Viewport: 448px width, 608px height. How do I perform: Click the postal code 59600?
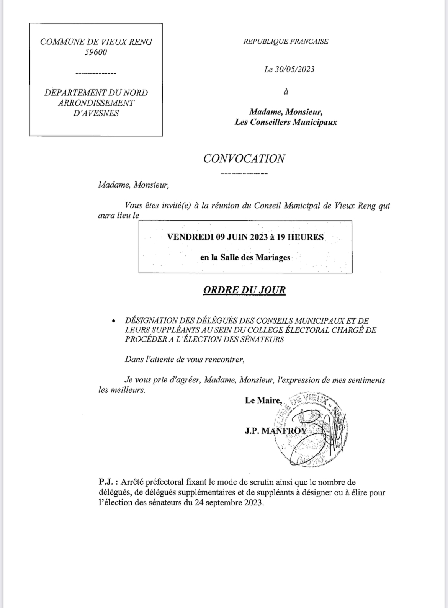[96, 52]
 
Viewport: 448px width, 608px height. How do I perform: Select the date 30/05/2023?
[295, 69]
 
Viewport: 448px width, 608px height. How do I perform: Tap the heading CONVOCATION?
[244, 159]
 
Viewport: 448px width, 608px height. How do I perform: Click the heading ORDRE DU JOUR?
[244, 290]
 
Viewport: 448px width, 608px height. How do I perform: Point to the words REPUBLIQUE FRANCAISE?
[286, 42]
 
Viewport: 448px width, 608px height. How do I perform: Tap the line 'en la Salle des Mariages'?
[245, 257]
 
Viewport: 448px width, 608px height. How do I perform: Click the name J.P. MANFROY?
[276, 431]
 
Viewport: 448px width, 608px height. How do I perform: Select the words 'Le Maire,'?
[264, 400]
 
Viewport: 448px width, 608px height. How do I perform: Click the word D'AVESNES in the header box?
[96, 113]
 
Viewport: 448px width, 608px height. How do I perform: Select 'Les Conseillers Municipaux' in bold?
[286, 123]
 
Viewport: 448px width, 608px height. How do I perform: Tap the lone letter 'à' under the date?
[286, 92]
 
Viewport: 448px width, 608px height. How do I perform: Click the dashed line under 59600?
[96, 73]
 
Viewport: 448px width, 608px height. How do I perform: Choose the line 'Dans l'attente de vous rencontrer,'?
[185, 360]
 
